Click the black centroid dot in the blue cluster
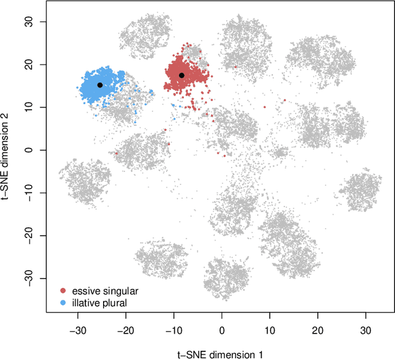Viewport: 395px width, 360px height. (x=100, y=85)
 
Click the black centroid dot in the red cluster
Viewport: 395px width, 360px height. (x=181, y=75)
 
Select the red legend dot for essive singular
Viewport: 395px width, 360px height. (x=62, y=290)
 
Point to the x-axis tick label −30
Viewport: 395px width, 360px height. (x=78, y=330)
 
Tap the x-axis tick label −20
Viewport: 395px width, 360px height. (x=126, y=330)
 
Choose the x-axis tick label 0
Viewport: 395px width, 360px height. (x=222, y=330)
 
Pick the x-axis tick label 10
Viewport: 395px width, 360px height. (x=270, y=330)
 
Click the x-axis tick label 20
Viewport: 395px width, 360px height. (x=317, y=330)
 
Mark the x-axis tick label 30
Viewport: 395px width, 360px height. (x=365, y=330)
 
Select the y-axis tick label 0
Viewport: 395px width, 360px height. (x=30, y=150)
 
